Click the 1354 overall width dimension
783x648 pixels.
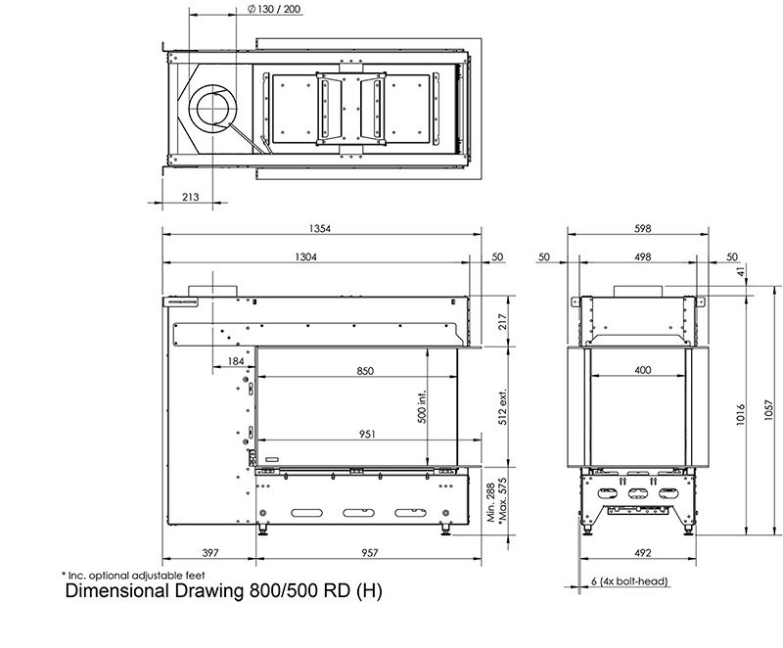pos(320,229)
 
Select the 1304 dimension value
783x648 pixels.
pos(305,256)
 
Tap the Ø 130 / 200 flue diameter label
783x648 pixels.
pos(274,9)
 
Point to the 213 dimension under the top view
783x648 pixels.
pos(190,197)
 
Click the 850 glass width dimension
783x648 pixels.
pos(365,371)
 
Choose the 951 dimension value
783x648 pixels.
pos(367,435)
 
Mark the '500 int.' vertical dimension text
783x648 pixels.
pos(422,407)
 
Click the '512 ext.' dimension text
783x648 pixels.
pos(503,407)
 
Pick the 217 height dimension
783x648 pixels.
pos(503,321)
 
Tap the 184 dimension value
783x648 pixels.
pos(236,361)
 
